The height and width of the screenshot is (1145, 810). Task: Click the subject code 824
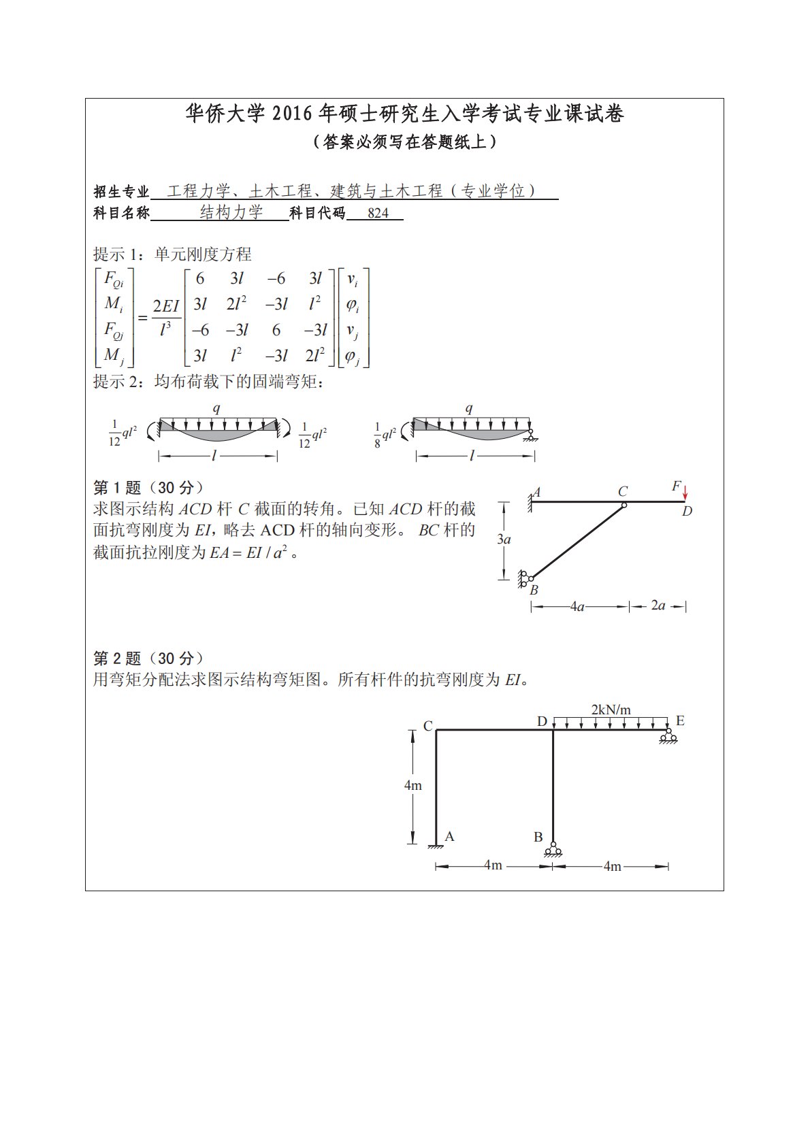(x=378, y=214)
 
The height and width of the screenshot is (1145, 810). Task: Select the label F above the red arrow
(x=675, y=486)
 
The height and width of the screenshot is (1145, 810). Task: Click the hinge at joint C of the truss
(x=623, y=504)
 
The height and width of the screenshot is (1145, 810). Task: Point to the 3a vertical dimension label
(x=504, y=540)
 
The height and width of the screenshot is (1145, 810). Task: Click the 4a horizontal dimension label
(x=577, y=606)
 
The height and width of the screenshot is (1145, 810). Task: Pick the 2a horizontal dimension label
(x=658, y=605)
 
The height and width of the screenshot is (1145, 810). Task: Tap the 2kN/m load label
(x=611, y=710)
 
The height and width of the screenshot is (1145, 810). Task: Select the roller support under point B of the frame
(x=553, y=850)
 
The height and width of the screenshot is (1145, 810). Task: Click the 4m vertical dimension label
(x=412, y=786)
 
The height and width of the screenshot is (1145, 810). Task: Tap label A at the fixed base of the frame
(x=449, y=837)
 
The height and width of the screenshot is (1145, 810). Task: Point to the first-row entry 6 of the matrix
(x=199, y=278)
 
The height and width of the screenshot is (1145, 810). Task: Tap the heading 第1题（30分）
(x=148, y=487)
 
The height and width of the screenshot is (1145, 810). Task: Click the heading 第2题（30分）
(x=148, y=658)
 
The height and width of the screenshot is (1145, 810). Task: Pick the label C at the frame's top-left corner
(x=427, y=727)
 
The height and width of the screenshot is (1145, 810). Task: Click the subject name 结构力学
(x=231, y=213)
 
